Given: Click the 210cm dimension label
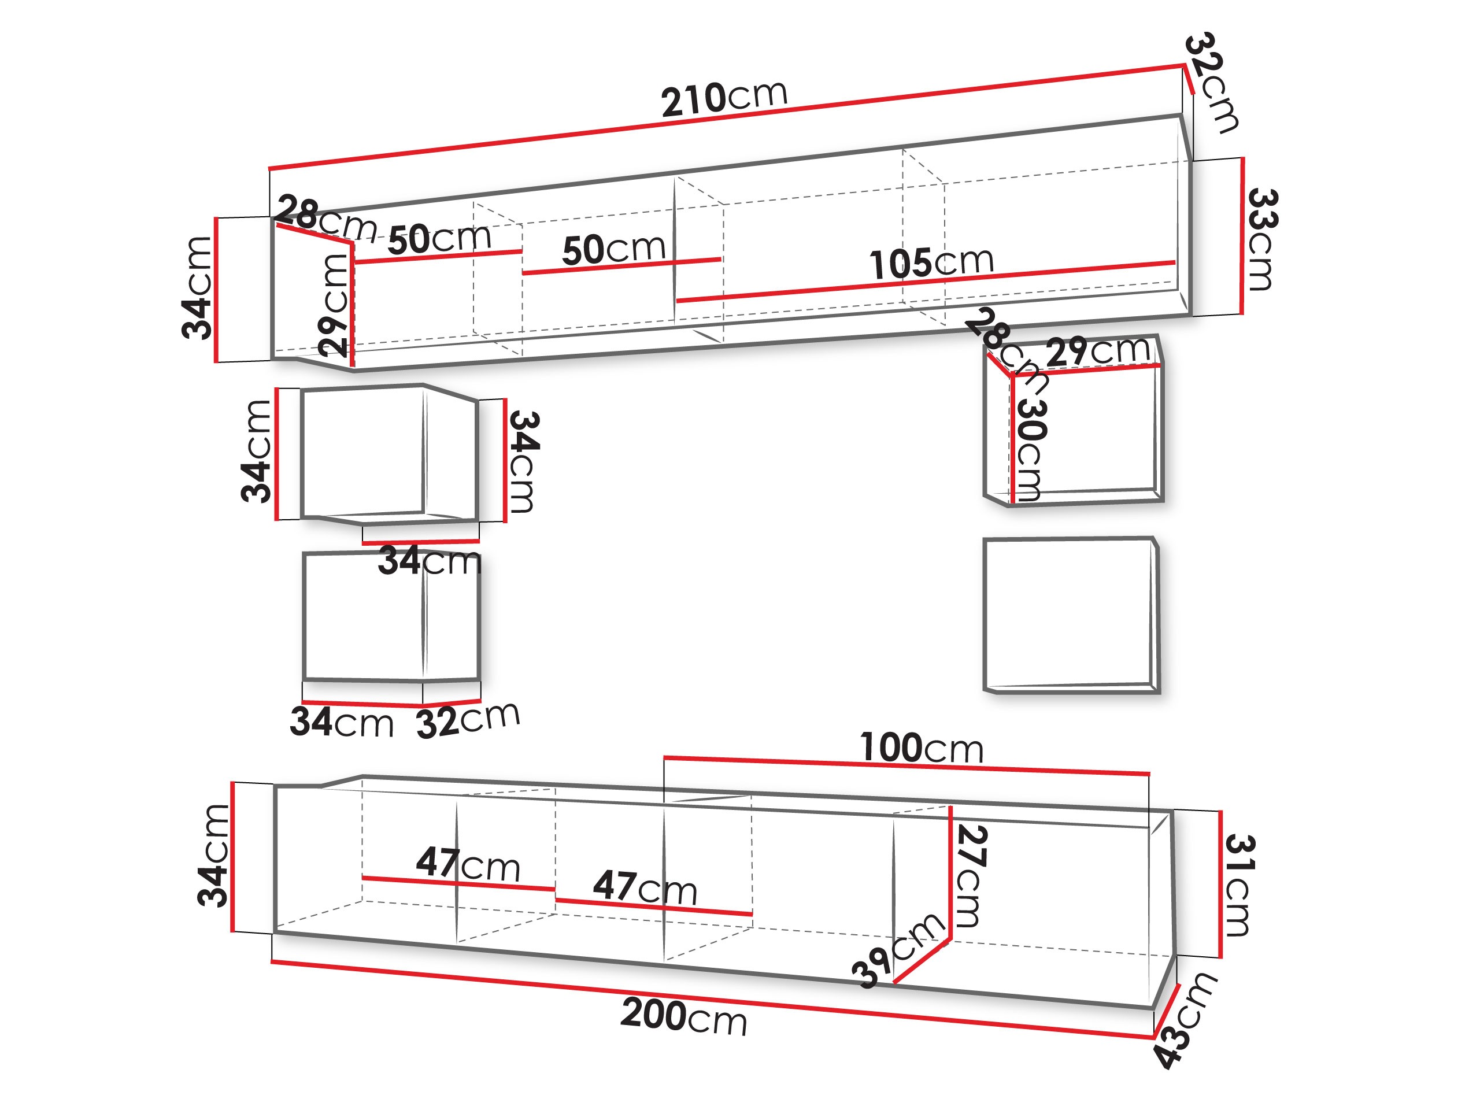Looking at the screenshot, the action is (x=724, y=99).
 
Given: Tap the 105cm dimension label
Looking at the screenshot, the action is (x=931, y=262).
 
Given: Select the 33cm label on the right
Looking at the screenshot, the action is (x=1262, y=239).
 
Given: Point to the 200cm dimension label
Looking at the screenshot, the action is (x=684, y=1016).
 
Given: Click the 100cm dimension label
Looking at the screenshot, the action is (x=922, y=748).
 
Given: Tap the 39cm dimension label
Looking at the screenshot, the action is (x=898, y=950).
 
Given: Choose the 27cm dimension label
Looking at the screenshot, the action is (x=970, y=876).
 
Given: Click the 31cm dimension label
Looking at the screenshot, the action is (x=1238, y=885).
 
